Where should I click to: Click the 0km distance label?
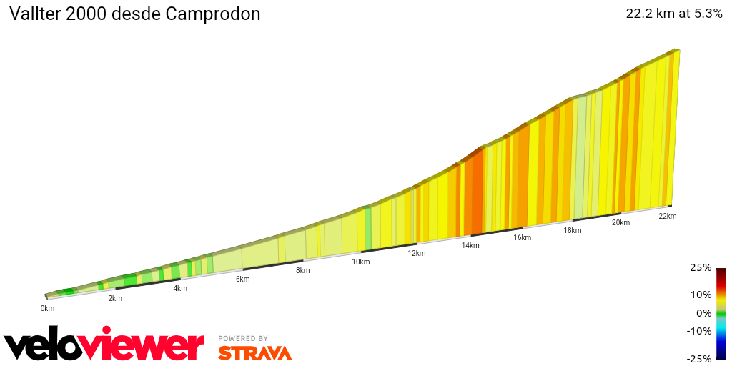tap(47, 308)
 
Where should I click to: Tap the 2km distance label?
tap(115, 298)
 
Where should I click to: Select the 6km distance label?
tap(243, 279)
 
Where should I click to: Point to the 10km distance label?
tap(361, 262)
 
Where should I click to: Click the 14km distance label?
tap(470, 245)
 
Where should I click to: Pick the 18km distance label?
tap(572, 230)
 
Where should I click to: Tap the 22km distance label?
tap(667, 216)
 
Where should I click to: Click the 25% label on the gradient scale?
tap(701, 268)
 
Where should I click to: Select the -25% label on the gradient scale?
tap(699, 359)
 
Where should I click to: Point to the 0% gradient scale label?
tap(703, 312)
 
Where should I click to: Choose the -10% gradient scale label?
tap(699, 331)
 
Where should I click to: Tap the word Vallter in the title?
tap(35, 14)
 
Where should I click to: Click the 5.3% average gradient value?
tap(708, 14)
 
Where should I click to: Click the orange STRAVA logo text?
tap(254, 353)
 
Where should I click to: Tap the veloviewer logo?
tap(104, 346)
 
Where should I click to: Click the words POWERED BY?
tap(243, 338)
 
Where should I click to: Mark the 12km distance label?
tap(417, 253)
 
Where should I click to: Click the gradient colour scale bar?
tap(721, 313)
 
